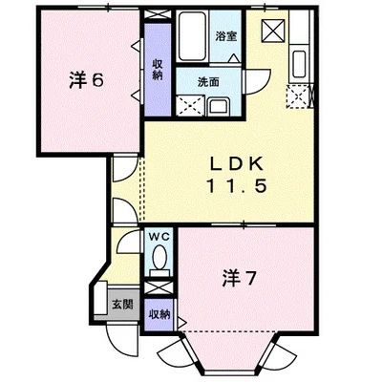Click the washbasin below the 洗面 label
(x=216, y=106)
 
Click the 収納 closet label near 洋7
(x=159, y=314)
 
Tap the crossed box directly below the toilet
(x=159, y=285)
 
